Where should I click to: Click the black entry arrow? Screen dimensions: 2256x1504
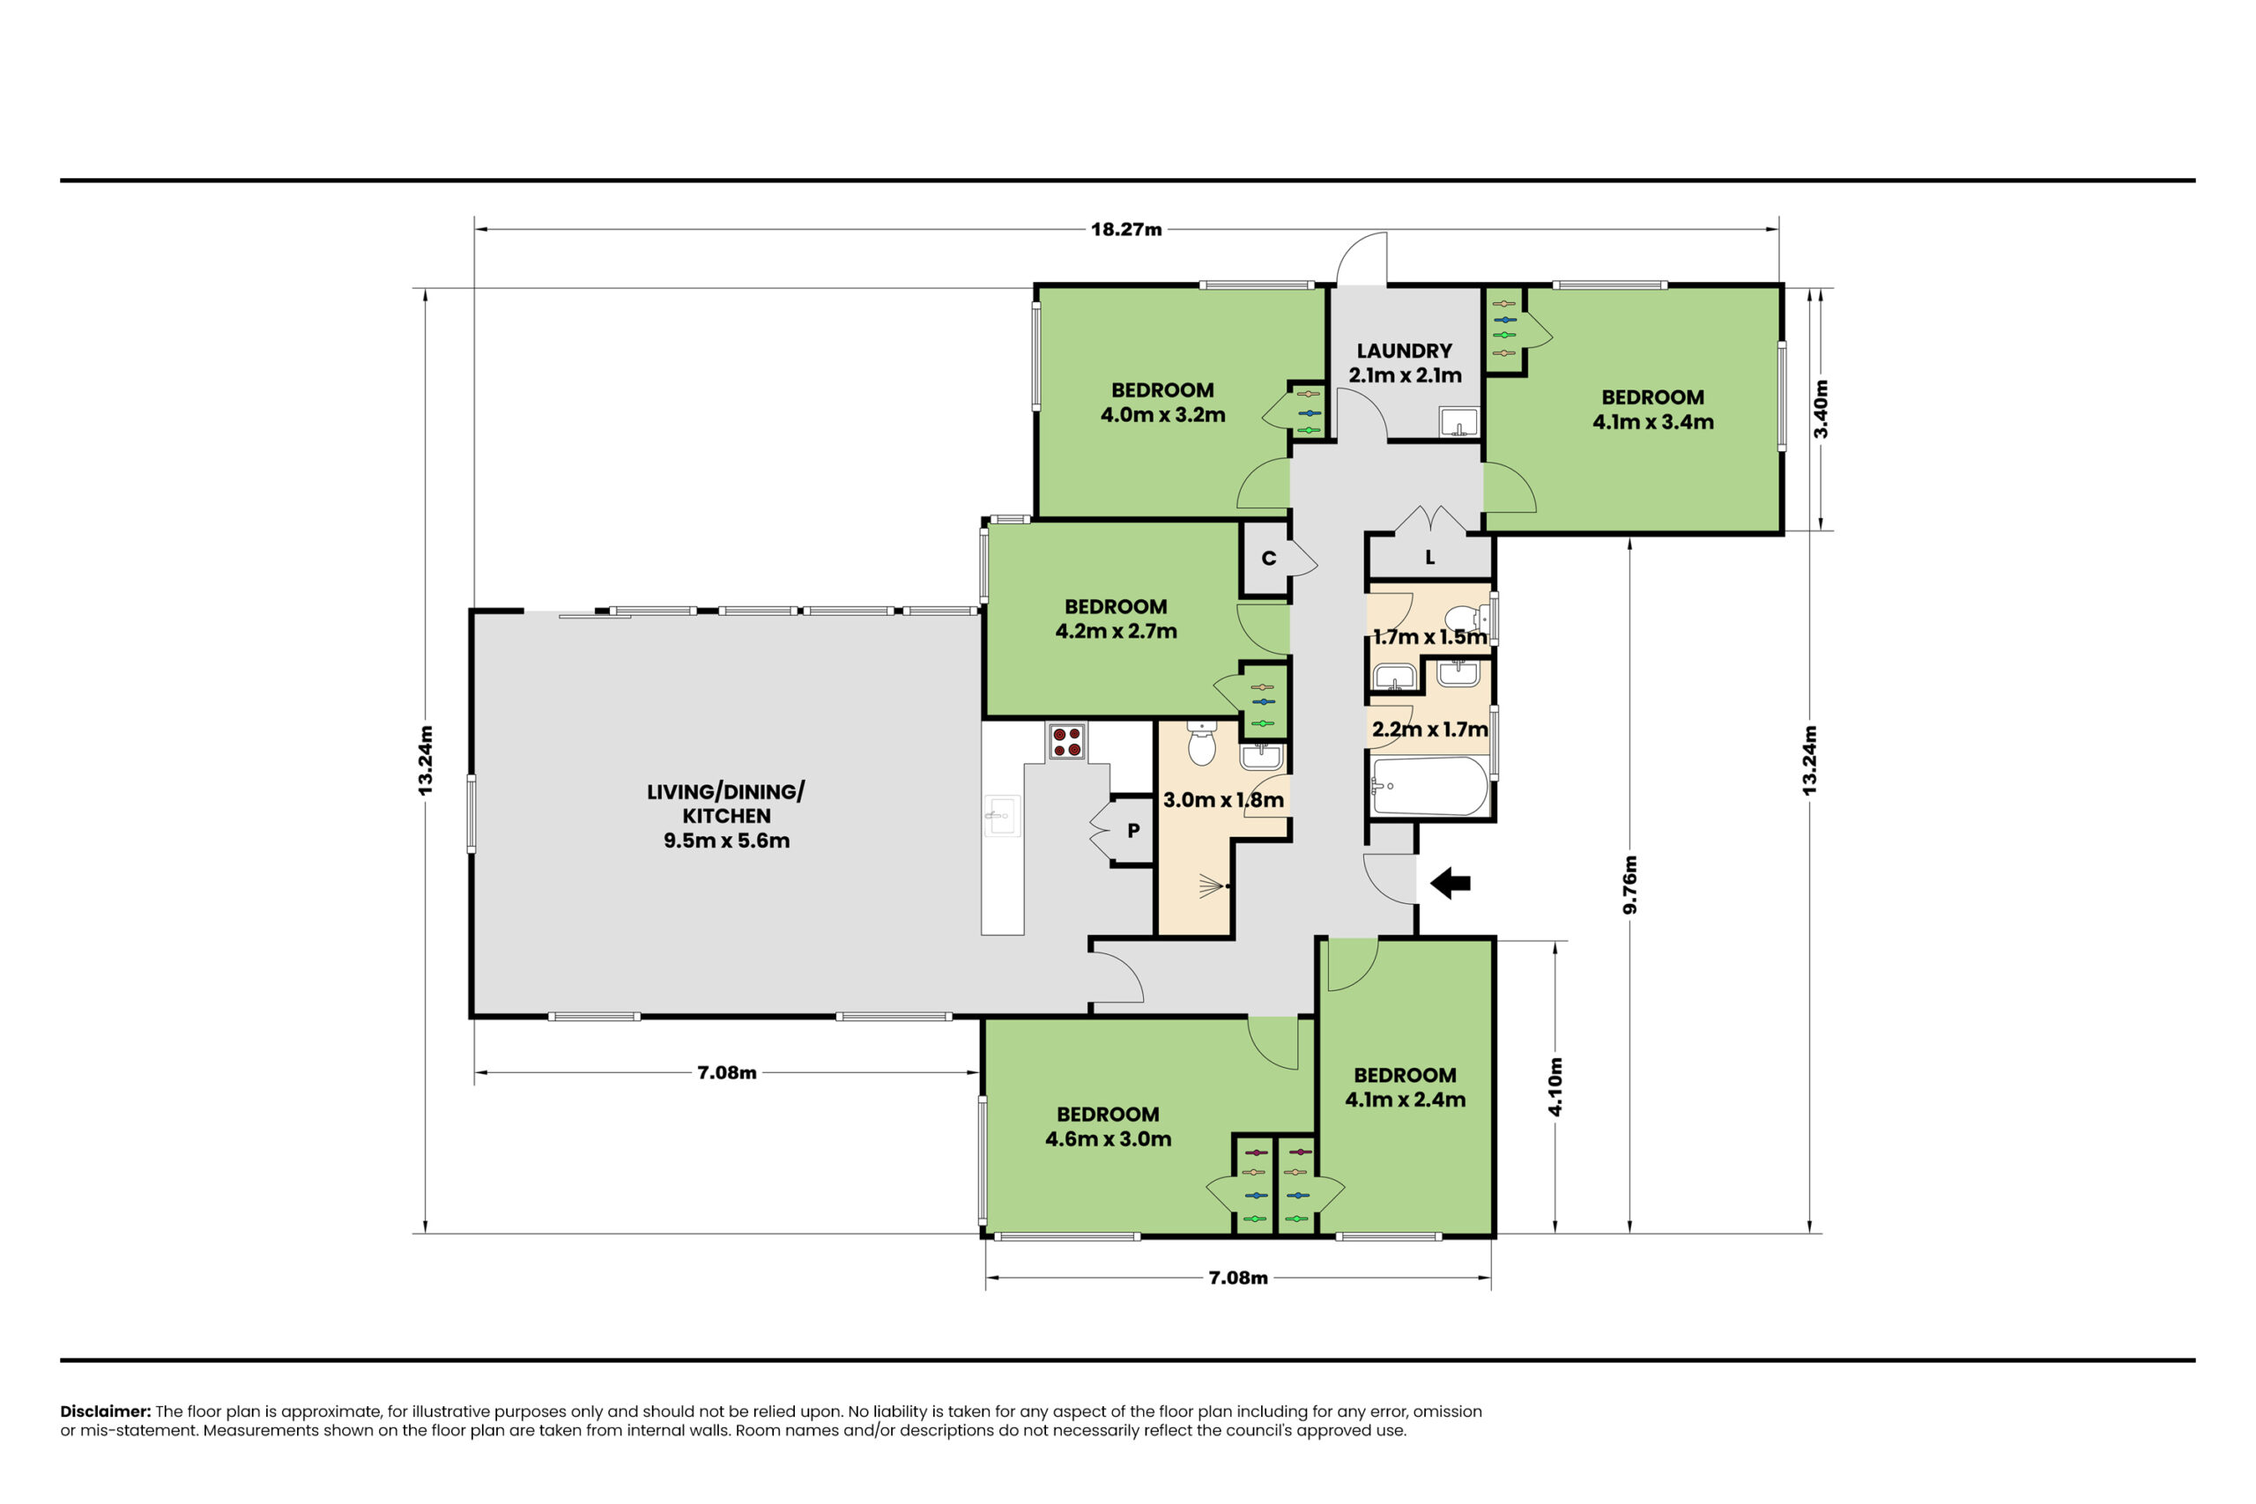click(x=1451, y=883)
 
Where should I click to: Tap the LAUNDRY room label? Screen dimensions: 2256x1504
click(x=1404, y=351)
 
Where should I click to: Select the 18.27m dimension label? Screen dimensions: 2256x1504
click(x=1126, y=229)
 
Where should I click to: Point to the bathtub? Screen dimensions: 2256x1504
click(x=1429, y=787)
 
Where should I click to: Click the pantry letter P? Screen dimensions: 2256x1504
click(x=1134, y=831)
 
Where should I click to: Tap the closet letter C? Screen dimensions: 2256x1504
click(x=1268, y=559)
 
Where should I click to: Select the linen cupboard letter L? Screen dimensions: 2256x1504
click(x=1430, y=558)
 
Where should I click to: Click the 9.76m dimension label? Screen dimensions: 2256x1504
click(x=1630, y=885)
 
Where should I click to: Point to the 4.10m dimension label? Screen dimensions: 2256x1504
click(x=1555, y=1086)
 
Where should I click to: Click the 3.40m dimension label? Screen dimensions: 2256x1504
click(x=1822, y=410)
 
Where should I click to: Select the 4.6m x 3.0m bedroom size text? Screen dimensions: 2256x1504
click(x=1108, y=1139)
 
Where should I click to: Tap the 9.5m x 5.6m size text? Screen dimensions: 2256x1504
click(x=726, y=841)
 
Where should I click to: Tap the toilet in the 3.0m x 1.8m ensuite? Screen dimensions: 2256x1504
click(x=1202, y=744)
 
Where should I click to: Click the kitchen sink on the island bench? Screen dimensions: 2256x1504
click(x=1002, y=815)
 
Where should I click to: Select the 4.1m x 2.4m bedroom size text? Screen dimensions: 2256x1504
click(x=1406, y=1100)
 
